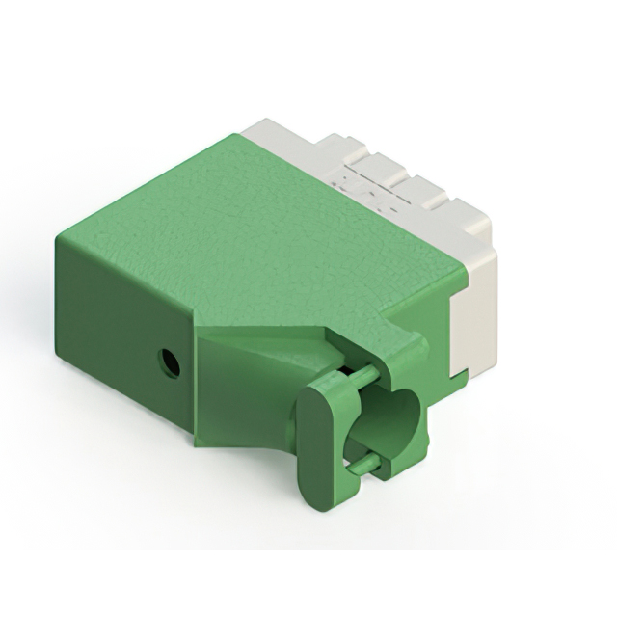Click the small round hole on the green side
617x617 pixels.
point(170,363)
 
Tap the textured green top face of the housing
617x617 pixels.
point(260,231)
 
